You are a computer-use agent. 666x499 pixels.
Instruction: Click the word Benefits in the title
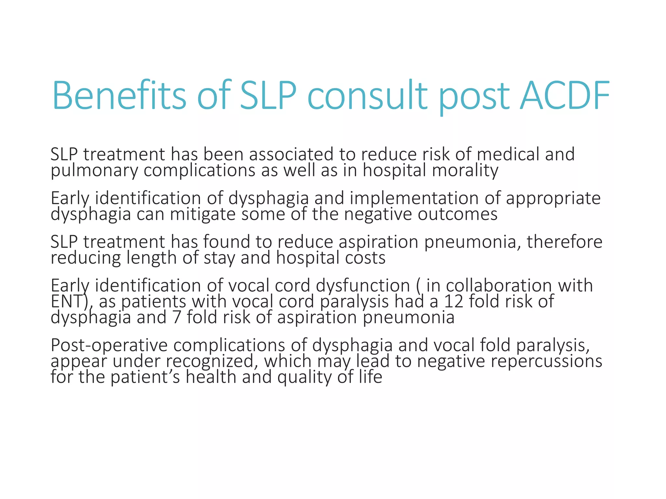point(119,96)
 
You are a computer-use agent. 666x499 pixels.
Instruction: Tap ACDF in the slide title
point(564,96)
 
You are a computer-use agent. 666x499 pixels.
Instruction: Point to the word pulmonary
point(94,171)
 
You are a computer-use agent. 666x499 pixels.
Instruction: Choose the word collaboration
point(499,286)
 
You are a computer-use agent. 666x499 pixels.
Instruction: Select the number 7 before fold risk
point(177,317)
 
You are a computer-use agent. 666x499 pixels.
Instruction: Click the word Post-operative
point(109,345)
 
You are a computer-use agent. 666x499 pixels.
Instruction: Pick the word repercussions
point(546,361)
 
